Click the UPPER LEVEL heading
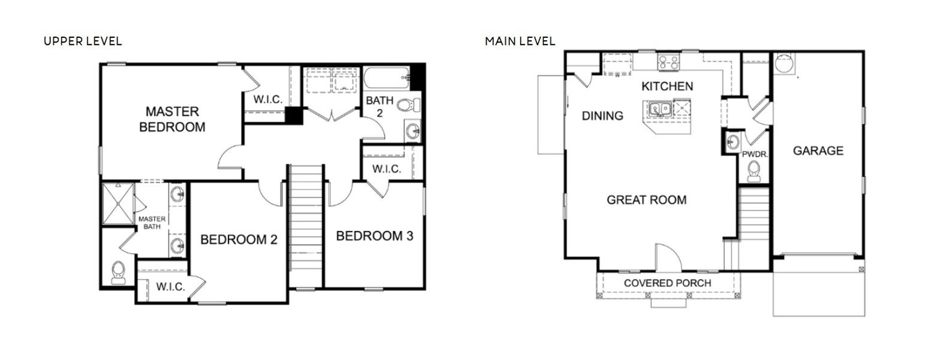tap(83, 41)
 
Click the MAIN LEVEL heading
tap(520, 41)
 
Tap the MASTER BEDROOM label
tap(172, 119)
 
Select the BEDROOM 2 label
tap(239, 240)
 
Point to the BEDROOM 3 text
tap(374, 236)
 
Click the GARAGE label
tap(818, 151)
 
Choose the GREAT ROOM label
tap(647, 200)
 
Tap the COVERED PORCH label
tap(667, 283)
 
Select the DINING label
tap(602, 116)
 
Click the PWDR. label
tap(755, 154)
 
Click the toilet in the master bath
tap(118, 272)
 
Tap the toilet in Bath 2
tap(406, 106)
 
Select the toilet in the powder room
tap(753, 172)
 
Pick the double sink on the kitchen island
tap(660, 109)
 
